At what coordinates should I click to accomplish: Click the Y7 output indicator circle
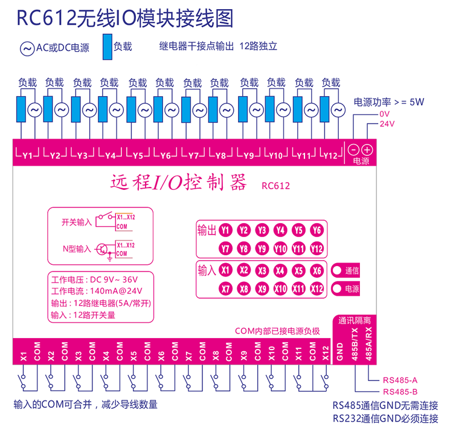(225, 249)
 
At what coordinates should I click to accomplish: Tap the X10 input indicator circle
(280, 289)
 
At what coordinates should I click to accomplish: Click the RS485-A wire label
(400, 380)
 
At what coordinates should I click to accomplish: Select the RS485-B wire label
(400, 391)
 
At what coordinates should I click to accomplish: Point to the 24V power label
(387, 124)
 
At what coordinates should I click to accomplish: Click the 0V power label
(384, 114)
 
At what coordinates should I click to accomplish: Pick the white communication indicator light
(336, 271)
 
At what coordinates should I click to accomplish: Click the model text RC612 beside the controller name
(276, 186)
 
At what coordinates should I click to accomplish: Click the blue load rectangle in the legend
(107, 47)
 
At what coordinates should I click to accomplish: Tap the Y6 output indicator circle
(316, 230)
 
